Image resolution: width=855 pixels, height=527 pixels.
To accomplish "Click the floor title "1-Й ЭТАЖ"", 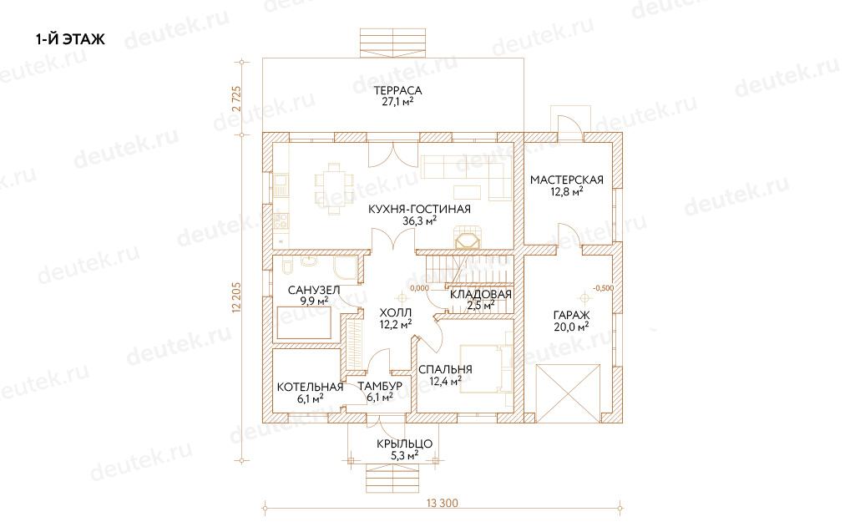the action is [x=70, y=39].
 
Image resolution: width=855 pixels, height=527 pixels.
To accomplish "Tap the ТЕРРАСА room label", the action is [x=398, y=90].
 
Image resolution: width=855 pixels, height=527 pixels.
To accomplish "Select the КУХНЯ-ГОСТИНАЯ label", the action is [x=419, y=209].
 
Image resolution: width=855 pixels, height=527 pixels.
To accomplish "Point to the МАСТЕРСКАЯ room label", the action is [x=567, y=180].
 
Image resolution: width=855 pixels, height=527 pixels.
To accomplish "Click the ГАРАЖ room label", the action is [x=571, y=316].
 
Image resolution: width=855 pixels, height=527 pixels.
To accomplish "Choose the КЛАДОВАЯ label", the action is [x=481, y=295].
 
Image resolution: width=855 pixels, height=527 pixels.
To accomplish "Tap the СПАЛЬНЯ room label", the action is [x=446, y=369].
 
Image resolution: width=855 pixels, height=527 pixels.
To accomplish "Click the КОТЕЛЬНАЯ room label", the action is [x=311, y=387].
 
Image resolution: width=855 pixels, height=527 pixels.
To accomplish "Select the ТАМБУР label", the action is [x=380, y=386].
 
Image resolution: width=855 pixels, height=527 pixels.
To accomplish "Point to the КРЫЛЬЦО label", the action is [x=405, y=444].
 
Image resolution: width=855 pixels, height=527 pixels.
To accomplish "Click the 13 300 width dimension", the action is [x=443, y=503].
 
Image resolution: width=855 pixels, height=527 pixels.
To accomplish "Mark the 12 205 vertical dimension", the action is [x=236, y=298].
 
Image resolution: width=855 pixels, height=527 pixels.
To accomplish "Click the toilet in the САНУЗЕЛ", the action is [x=287, y=266].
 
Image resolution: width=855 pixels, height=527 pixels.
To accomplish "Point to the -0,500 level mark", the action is [x=603, y=288].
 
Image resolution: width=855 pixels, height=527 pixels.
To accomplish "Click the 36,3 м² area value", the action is [x=419, y=221].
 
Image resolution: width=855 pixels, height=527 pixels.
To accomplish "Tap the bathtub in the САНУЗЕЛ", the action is [x=304, y=323].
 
